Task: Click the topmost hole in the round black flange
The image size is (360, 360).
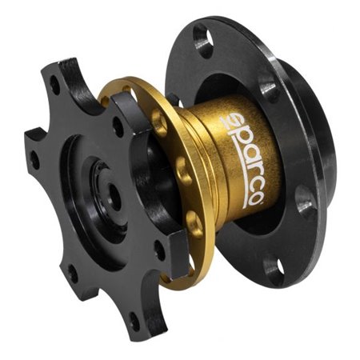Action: tap(203, 41)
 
